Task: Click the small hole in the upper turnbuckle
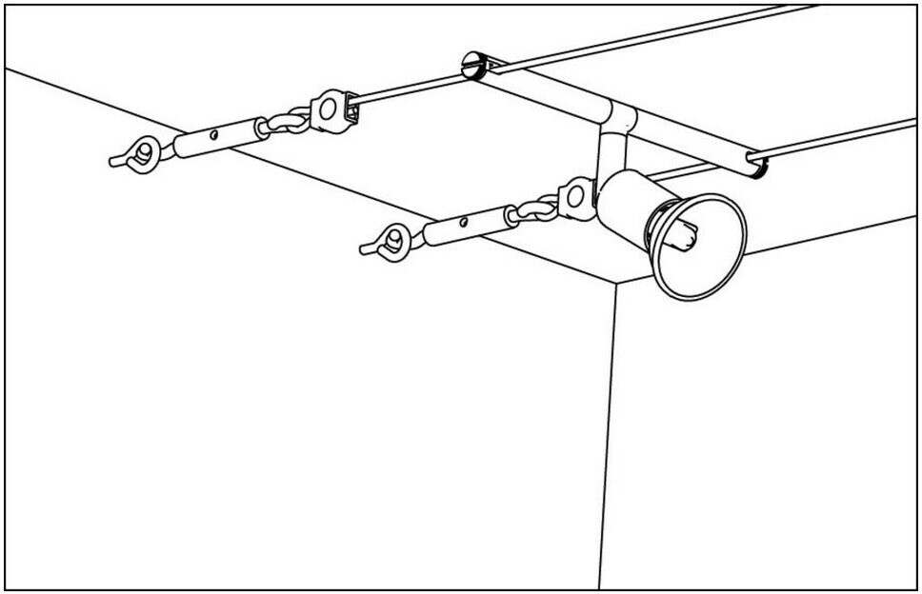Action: point(214,135)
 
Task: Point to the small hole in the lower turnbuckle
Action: point(465,223)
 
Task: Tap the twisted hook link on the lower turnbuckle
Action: point(536,208)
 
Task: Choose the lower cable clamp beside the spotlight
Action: point(576,198)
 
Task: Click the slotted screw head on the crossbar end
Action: point(473,67)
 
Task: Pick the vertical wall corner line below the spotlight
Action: point(608,428)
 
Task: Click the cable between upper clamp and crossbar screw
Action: point(410,88)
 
